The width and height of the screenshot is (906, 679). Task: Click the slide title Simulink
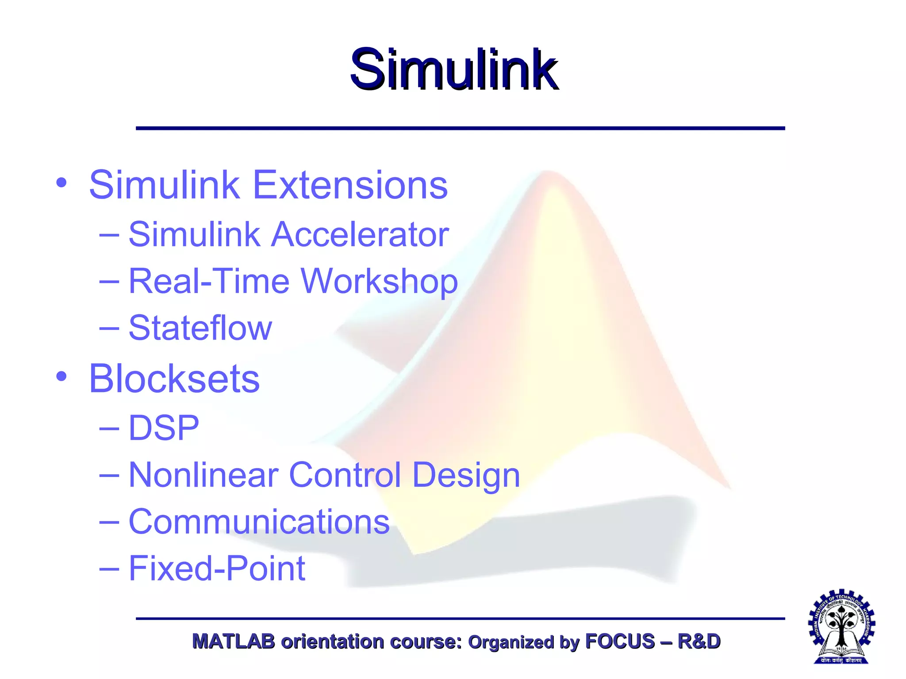point(453,70)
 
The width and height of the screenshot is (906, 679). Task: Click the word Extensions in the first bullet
point(350,185)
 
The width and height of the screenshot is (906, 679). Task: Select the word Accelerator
point(360,234)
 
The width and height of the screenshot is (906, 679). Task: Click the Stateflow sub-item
point(200,328)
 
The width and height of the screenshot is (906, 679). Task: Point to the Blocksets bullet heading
point(174,378)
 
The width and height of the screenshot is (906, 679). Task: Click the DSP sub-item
point(164,428)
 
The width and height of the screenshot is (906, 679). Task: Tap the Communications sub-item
point(259,522)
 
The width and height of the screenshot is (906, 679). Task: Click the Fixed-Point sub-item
point(217,569)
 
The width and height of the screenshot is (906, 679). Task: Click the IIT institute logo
point(841,626)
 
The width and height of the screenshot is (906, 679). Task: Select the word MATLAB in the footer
point(233,641)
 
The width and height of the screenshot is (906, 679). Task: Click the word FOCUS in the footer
point(619,641)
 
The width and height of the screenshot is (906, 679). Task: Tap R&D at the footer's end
point(699,641)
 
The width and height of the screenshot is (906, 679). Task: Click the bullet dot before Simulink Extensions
point(61,183)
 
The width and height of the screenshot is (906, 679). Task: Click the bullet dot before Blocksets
point(61,377)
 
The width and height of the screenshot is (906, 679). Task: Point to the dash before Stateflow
point(109,328)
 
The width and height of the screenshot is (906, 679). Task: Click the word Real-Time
point(209,282)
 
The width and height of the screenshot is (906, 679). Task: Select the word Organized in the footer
point(511,642)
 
